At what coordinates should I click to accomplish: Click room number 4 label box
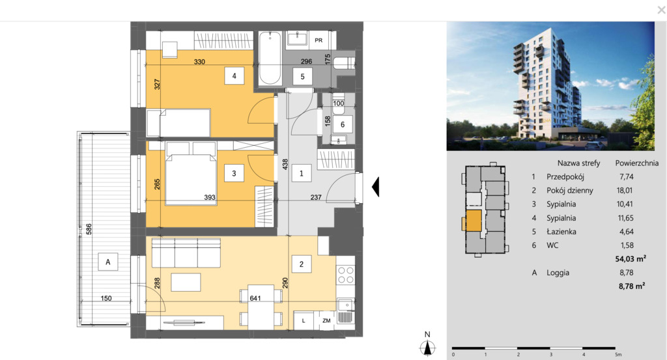[234, 76]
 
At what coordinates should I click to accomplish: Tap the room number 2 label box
[301, 264]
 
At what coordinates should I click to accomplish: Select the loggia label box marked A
[107, 262]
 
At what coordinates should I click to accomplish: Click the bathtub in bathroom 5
[270, 58]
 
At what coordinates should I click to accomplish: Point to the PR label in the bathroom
[319, 40]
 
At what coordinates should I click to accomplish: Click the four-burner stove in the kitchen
[345, 275]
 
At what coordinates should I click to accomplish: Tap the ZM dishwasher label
[326, 320]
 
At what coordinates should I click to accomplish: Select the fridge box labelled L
[304, 320]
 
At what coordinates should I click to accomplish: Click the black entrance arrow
[375, 187]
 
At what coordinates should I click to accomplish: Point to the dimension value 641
[255, 298]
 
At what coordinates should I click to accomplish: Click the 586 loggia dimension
[89, 229]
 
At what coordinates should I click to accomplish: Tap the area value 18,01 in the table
[625, 190]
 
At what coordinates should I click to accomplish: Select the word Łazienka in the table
[561, 232]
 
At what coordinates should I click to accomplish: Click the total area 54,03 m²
[631, 258]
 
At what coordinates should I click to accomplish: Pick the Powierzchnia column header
[636, 163]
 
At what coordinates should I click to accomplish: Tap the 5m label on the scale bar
[617, 355]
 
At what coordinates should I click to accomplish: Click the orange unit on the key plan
[473, 221]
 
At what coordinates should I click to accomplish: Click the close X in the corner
[662, 10]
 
